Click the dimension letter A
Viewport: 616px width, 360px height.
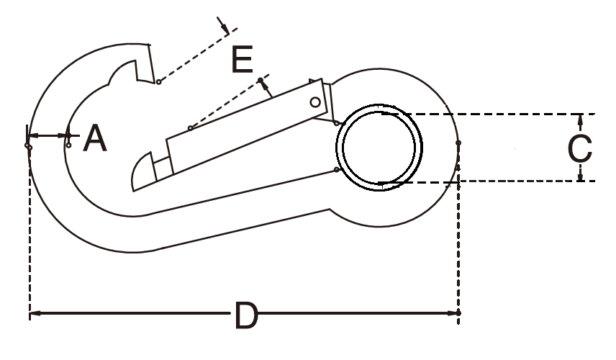coord(95,138)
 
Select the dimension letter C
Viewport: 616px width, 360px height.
coord(580,148)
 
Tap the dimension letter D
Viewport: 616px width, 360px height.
coord(246,315)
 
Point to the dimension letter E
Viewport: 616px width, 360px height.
coord(242,59)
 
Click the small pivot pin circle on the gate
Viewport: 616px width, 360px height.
coord(315,102)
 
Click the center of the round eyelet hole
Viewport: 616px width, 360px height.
coord(379,148)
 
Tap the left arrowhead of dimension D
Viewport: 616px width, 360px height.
coord(35,313)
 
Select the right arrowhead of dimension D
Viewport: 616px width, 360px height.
coord(453,313)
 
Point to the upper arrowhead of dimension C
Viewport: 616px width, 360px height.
coord(581,119)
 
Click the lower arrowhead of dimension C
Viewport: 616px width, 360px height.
coord(581,176)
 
